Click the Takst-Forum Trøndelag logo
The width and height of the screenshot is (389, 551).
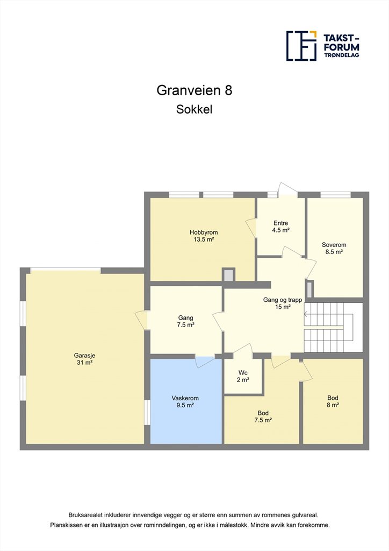pyautogui.click(x=323, y=46)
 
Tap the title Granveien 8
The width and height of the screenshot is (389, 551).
pyautogui.click(x=195, y=90)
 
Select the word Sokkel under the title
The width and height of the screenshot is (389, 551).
pyautogui.click(x=195, y=109)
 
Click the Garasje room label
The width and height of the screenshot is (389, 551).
pyautogui.click(x=84, y=359)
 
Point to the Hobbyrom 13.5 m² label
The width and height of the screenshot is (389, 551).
pyautogui.click(x=204, y=236)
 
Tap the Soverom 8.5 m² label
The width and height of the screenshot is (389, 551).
pyautogui.click(x=334, y=248)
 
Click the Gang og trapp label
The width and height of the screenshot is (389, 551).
pyautogui.click(x=283, y=300)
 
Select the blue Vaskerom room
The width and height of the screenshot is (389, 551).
pyautogui.click(x=186, y=401)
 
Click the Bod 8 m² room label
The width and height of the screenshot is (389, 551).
pyautogui.click(x=333, y=401)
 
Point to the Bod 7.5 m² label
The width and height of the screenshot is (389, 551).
pyautogui.click(x=263, y=416)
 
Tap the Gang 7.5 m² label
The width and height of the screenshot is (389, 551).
pyautogui.click(x=185, y=321)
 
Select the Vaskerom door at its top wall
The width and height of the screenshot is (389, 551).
pyautogui.click(x=205, y=362)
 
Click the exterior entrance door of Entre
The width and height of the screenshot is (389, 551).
pyautogui.click(x=287, y=190)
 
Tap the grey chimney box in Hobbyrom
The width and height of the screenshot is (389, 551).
pyautogui.click(x=229, y=275)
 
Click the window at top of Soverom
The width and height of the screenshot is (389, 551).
pyautogui.click(x=336, y=195)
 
